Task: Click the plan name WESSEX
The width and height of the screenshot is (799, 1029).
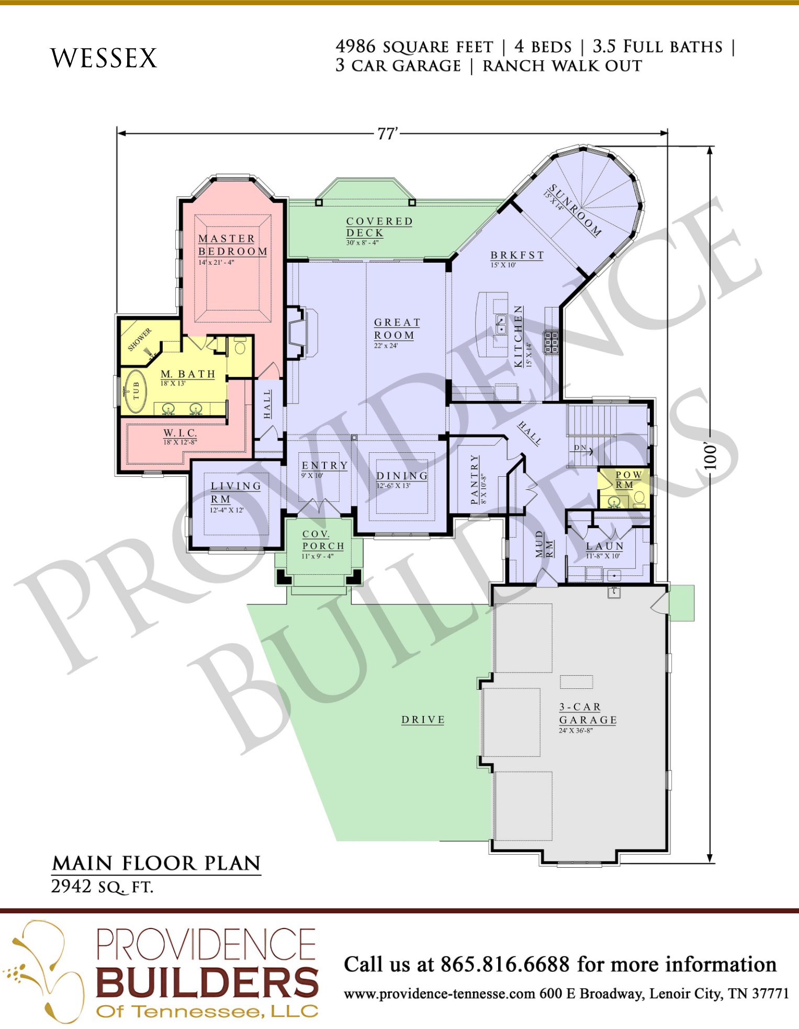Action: (x=104, y=58)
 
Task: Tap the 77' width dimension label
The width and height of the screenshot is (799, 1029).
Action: (x=388, y=134)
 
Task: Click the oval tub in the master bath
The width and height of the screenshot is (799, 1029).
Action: (x=136, y=391)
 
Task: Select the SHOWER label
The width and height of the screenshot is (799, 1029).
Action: (x=140, y=339)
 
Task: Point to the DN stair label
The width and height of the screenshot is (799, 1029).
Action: (x=580, y=448)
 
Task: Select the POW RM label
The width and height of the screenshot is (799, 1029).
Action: (x=627, y=479)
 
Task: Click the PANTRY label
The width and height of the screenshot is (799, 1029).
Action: (x=475, y=479)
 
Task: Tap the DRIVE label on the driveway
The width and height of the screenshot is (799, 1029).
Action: (x=423, y=720)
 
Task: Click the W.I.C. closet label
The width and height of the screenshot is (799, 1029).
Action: (x=180, y=433)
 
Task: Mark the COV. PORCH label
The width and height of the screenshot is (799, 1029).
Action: (x=323, y=540)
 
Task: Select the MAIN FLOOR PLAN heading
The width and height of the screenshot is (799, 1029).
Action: (x=156, y=863)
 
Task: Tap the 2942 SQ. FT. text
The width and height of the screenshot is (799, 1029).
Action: (x=102, y=887)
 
